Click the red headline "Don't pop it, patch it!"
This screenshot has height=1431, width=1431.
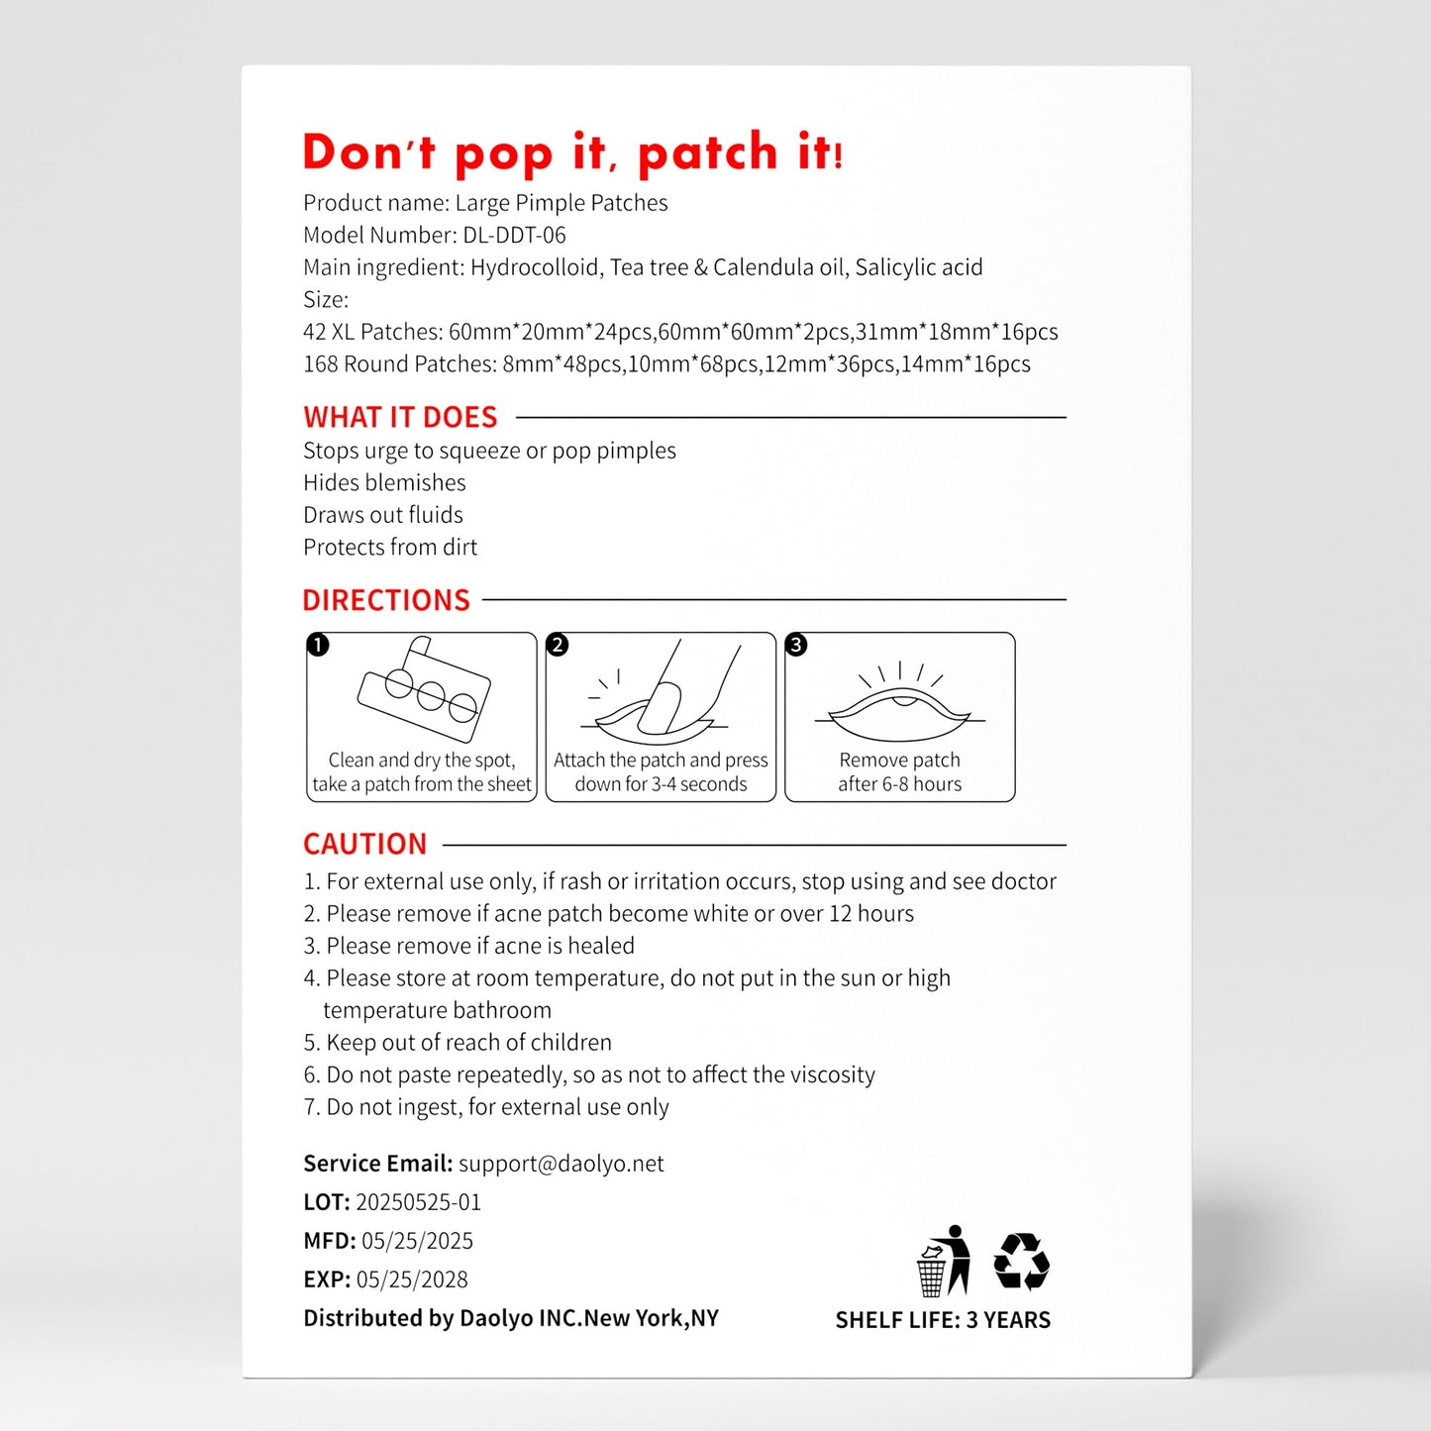click(572, 153)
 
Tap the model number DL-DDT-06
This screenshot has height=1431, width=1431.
click(514, 236)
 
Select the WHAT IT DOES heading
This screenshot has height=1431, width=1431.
click(400, 417)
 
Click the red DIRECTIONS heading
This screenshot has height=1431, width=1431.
click(386, 600)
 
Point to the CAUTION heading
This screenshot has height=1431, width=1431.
click(364, 844)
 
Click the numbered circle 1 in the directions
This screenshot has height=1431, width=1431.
click(318, 646)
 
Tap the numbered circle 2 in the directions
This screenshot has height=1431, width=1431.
click(558, 646)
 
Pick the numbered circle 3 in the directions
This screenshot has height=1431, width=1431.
click(796, 646)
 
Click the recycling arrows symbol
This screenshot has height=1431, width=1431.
click(1021, 1261)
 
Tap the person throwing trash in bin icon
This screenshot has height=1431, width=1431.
click(943, 1261)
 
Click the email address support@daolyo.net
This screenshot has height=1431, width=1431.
click(561, 1164)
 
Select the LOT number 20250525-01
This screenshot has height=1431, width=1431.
click(418, 1202)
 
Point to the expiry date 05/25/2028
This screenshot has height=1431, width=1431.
click(412, 1279)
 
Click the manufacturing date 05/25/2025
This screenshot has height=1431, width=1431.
click(417, 1241)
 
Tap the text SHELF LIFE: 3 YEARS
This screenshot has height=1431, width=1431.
click(943, 1320)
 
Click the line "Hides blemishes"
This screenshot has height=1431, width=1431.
click(384, 482)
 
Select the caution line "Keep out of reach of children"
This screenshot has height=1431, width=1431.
click(467, 1043)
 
